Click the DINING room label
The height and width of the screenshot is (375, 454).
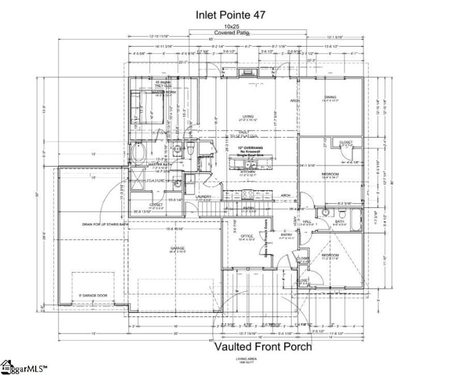tap(330, 97)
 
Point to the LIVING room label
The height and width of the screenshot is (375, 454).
tap(247, 116)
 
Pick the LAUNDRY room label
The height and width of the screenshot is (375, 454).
tap(204, 197)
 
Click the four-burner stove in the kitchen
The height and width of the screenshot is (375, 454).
tap(248, 194)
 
